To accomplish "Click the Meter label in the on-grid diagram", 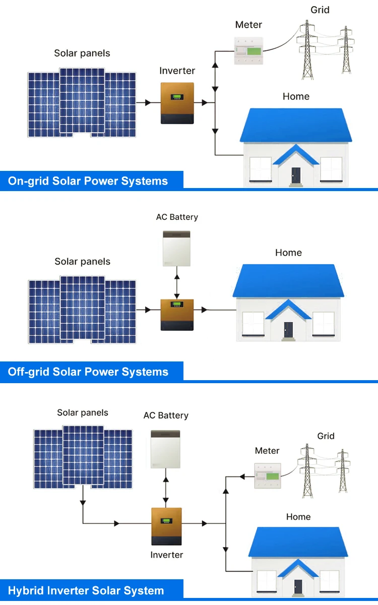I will [x=248, y=25].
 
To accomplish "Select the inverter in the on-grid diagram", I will [x=177, y=103].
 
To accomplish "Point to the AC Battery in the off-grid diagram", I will [x=176, y=248].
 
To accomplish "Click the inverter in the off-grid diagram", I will [x=176, y=315].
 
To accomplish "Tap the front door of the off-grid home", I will [x=288, y=330].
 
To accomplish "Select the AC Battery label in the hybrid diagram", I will [x=166, y=415].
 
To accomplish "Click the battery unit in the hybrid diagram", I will [x=165, y=449].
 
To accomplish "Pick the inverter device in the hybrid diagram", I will [x=166, y=526].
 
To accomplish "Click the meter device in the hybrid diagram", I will [x=268, y=476].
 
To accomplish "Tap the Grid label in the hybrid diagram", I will [x=326, y=436].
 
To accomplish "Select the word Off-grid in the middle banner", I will [x=29, y=372].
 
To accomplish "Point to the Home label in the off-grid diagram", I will [x=288, y=253].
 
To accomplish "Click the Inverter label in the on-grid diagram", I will [x=177, y=71].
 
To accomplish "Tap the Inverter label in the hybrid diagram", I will [x=166, y=555].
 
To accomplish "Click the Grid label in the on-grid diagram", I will [x=320, y=10].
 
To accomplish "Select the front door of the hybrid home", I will [x=298, y=586].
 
